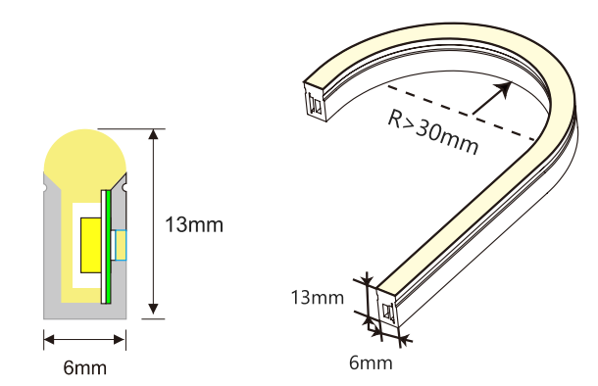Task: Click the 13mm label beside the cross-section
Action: tap(194, 225)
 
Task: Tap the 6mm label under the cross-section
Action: tap(84, 368)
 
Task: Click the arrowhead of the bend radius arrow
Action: tap(504, 88)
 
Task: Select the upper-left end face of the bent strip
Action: tap(314, 100)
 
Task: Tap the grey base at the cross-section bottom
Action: tap(84, 310)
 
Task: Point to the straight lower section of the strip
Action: tap(461, 245)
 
